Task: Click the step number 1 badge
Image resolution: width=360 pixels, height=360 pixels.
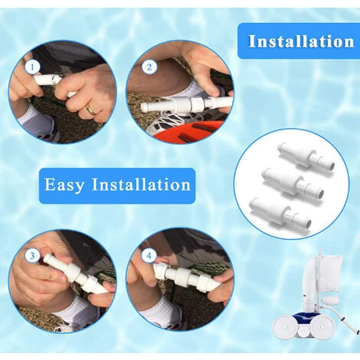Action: [x=33, y=67]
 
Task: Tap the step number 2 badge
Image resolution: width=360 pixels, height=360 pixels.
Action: [x=149, y=67]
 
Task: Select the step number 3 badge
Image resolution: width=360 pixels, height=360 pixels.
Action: [x=32, y=256]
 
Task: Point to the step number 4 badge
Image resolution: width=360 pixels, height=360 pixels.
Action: [x=149, y=255]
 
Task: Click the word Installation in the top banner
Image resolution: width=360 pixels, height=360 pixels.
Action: [x=301, y=41]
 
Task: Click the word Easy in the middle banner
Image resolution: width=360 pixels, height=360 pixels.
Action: [x=64, y=185]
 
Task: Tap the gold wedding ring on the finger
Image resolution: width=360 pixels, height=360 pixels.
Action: [x=91, y=110]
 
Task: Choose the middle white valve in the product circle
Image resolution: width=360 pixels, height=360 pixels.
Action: [x=293, y=182]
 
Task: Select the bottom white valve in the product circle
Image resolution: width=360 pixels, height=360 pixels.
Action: [x=281, y=211]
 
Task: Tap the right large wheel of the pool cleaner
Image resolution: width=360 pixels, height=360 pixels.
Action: [x=323, y=328]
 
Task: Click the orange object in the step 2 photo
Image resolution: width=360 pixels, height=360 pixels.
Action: [x=189, y=132]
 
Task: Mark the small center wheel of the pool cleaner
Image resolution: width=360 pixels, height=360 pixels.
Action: [x=303, y=332]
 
